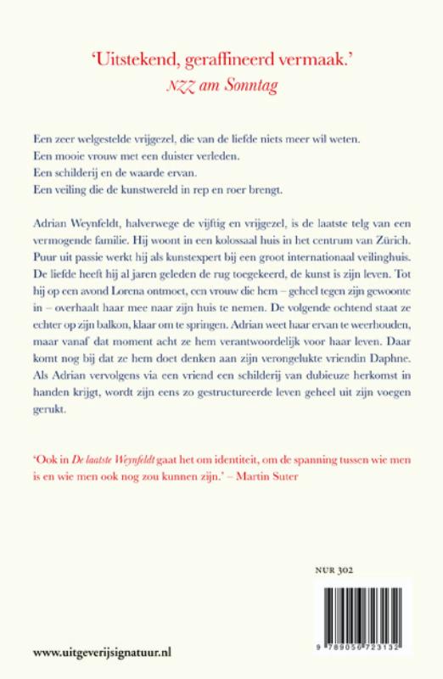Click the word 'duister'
coord(172,155)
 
